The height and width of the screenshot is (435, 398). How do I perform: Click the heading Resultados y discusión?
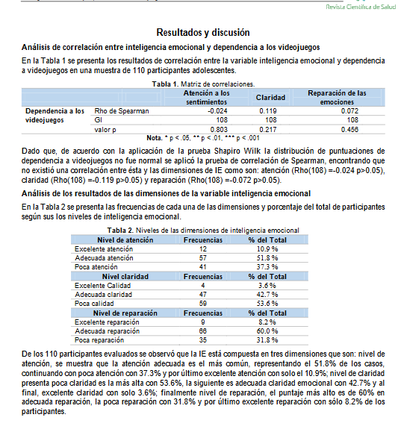199,33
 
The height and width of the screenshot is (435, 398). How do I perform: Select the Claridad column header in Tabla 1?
271,98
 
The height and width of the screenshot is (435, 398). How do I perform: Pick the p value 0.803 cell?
217,128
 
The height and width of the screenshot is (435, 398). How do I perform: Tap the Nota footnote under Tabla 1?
199,137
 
